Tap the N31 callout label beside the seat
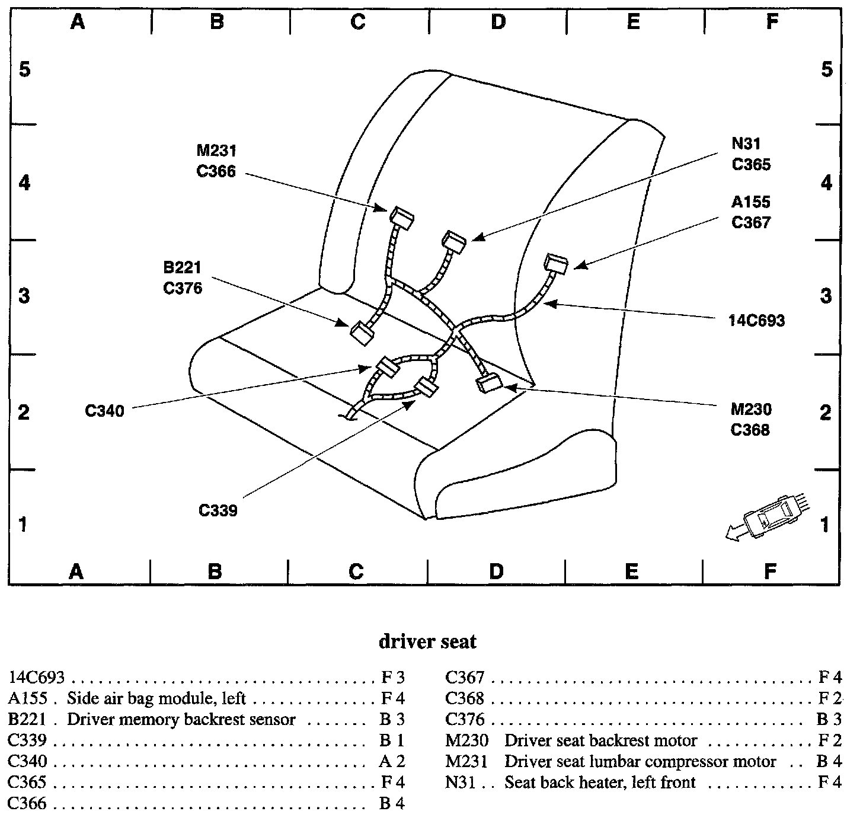click(746, 143)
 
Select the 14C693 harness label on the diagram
click(756, 321)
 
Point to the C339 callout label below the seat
click(218, 510)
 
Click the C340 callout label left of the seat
click(104, 410)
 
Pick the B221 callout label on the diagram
click(183, 268)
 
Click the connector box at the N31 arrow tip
click(453, 241)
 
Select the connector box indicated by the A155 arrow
click(556, 264)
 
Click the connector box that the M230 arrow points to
click(490, 384)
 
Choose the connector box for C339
click(426, 388)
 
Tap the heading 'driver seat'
click(427, 641)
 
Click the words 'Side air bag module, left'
click(156, 698)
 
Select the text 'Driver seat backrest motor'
click(600, 740)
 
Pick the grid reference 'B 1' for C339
click(392, 740)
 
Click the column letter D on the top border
click(498, 22)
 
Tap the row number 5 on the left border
click(24, 69)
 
